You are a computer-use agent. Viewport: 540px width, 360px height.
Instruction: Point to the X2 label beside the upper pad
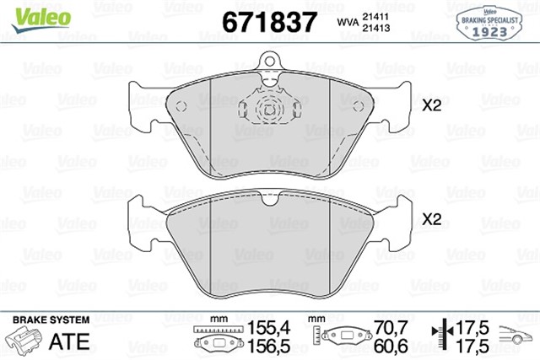click(432, 107)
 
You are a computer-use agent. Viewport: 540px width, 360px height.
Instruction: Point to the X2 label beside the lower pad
click(432, 219)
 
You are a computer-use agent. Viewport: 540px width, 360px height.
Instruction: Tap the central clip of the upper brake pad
click(271, 110)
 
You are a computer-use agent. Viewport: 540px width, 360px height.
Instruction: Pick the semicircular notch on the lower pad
click(272, 199)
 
